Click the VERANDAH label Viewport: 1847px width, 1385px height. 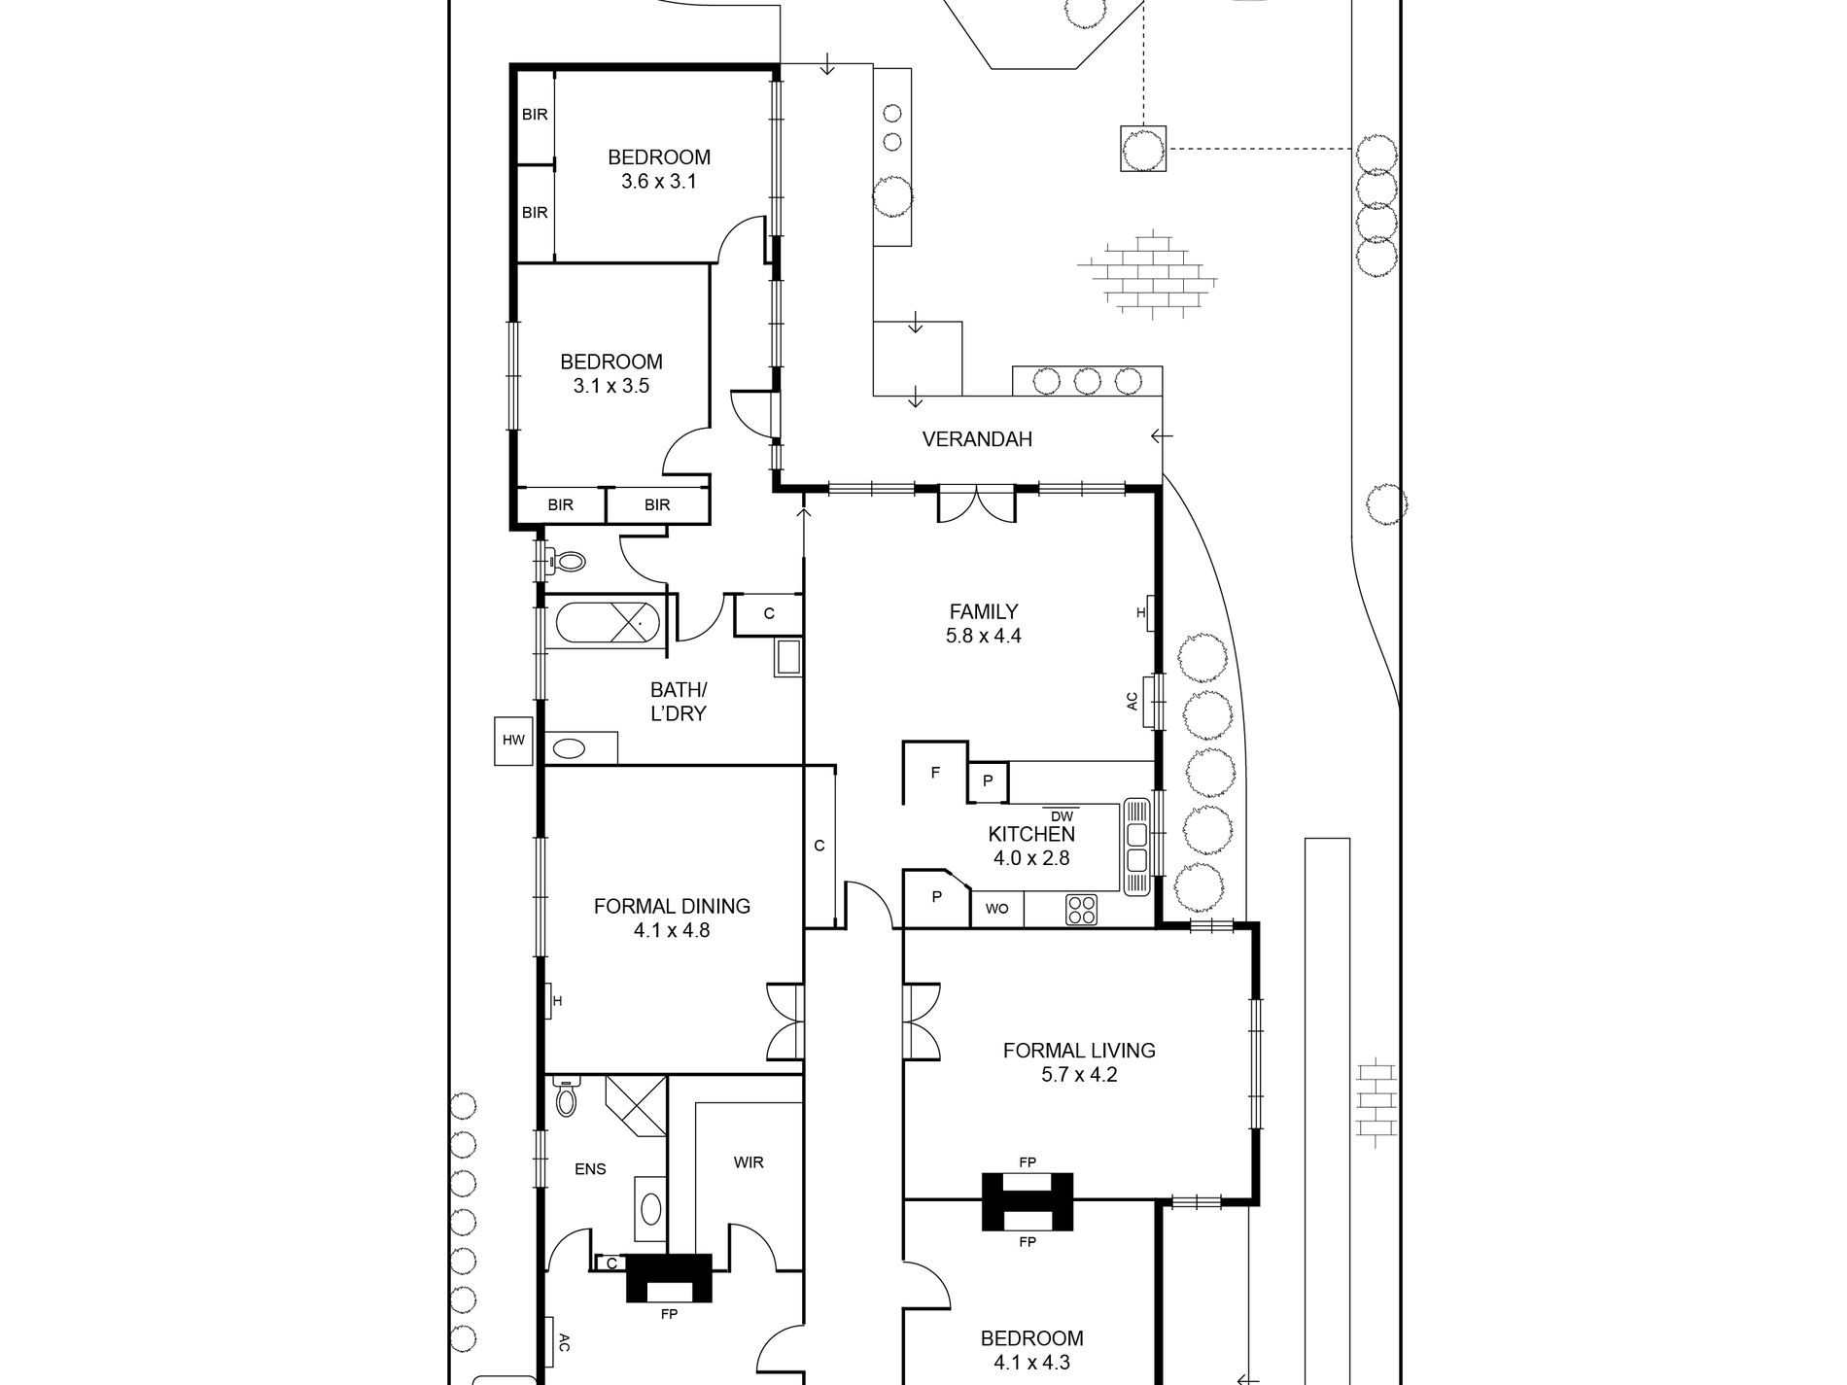point(977,439)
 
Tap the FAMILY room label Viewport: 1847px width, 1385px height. point(984,611)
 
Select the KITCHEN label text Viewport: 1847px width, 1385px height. point(1031,834)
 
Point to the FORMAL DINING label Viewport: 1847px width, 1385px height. point(673,906)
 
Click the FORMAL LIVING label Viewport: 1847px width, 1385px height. point(1079,1051)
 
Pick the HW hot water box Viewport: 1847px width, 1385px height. point(513,741)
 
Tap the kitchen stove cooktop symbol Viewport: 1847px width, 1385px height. point(1081,910)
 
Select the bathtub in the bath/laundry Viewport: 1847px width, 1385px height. point(607,622)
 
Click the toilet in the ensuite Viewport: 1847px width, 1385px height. point(566,1098)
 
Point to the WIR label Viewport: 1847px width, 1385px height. point(749,1162)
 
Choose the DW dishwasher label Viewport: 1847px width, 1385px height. point(1062,817)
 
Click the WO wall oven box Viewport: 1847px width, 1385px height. point(996,910)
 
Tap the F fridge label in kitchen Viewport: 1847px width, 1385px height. point(935,774)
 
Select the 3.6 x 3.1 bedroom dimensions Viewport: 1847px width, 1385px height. point(659,182)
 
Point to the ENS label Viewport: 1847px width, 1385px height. point(590,1169)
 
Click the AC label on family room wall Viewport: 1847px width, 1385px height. point(1132,701)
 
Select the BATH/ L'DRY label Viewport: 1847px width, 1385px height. point(679,702)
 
